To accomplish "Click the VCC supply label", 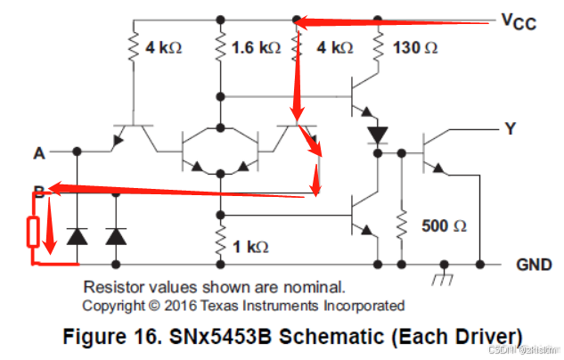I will tap(519, 21).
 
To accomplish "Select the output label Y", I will tap(510, 128).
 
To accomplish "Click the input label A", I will tap(38, 152).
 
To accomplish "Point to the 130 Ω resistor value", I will tap(416, 46).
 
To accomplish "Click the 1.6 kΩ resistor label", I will tap(256, 46).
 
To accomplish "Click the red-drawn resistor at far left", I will tap(33, 232).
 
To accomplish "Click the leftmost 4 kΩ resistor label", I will tap(164, 46).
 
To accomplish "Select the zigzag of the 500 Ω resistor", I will tap(402, 226).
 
